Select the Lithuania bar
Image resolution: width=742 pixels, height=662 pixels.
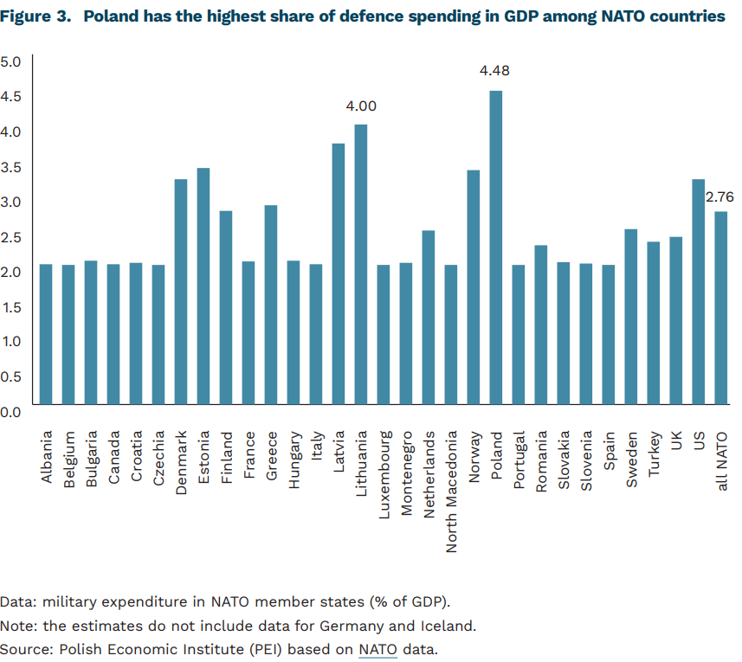(361, 264)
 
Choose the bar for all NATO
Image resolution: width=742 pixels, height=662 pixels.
(721, 307)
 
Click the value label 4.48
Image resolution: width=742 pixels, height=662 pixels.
(494, 71)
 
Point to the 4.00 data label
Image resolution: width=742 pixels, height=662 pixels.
(361, 106)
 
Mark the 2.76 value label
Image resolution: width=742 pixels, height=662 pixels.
(719, 197)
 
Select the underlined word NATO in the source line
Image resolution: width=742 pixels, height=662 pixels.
(377, 648)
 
